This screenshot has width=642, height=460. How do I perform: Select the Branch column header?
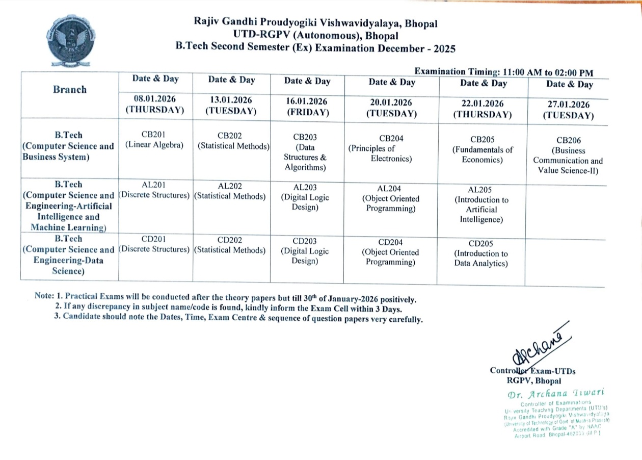click(70, 90)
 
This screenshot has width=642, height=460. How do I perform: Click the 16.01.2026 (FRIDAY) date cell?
click(306, 107)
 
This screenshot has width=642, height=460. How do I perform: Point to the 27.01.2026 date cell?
click(568, 110)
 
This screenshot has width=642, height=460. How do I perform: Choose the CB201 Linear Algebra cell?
click(154, 140)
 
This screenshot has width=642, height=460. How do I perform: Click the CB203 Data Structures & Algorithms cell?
click(306, 152)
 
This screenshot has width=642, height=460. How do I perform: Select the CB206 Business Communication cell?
click(568, 156)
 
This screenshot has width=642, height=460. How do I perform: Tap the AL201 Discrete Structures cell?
click(154, 190)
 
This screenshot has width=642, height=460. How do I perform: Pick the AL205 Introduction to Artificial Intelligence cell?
click(481, 205)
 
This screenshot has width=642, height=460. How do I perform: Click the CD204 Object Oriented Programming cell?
click(391, 252)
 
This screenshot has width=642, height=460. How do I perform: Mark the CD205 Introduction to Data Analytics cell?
click(481, 253)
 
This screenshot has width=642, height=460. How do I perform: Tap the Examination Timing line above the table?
click(503, 72)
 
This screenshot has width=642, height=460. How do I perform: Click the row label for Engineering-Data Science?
click(68, 255)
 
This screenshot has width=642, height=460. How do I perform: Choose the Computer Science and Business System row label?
click(68, 146)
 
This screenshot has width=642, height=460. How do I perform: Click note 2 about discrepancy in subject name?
click(229, 309)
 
